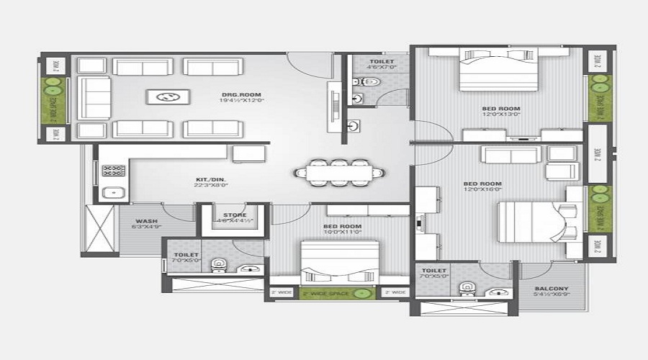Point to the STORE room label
tap(235, 215)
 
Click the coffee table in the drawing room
tap(168, 97)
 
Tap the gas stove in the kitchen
tap(112, 171)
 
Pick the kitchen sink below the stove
tap(112, 192)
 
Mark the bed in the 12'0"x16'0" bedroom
tap(529, 216)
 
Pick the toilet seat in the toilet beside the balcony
tap(466, 288)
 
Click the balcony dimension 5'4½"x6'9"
tap(552, 294)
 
